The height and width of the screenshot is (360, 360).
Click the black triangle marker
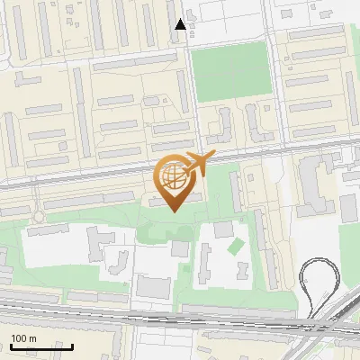coord(181,24)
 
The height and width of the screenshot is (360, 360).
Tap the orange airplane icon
coord(195,165)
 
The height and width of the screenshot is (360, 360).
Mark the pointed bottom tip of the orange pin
coord(173,211)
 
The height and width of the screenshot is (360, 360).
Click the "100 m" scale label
coord(23,338)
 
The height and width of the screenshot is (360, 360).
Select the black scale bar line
coord(41,346)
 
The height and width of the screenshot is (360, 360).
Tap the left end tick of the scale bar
coord(11,345)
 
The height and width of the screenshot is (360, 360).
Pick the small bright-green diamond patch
coord(237,244)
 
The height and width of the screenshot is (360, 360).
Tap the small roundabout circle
coord(38,218)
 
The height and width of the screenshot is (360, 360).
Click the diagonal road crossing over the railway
coord(336,315)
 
